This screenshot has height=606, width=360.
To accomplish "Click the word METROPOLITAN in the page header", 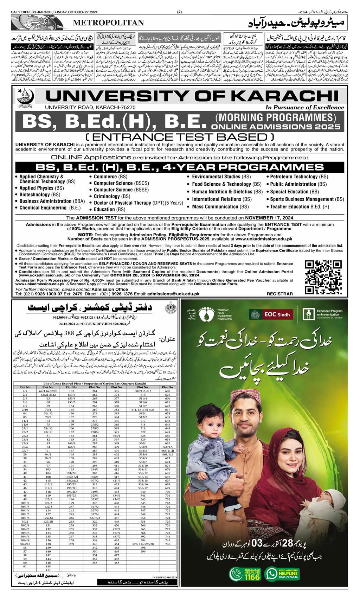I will coord(108,23).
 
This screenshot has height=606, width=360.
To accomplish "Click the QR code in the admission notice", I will coord(323,277).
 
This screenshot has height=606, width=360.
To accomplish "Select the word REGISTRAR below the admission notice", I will coord(279,294).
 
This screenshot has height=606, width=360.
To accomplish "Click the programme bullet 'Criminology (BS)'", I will coord(112,196).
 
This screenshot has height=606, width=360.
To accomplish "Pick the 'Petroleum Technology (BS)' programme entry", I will coord(299,177).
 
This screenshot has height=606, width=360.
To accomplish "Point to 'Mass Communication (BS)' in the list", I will coord(220,207).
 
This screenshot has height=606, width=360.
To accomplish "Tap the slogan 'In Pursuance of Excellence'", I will coord(304,108).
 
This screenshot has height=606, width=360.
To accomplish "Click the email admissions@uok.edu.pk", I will coord(173,294).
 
